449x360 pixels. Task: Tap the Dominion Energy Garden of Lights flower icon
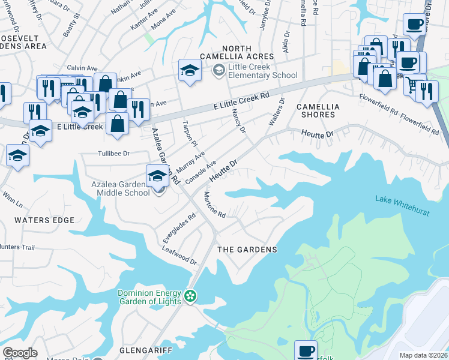pyautogui.click(x=190, y=296)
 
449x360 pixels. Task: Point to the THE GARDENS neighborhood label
pyautogui.click(x=247, y=250)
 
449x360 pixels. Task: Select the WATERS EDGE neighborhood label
pyautogui.click(x=44, y=220)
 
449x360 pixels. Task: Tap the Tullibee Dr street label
pyautogui.click(x=114, y=154)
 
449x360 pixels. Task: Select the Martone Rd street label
pyautogui.click(x=214, y=205)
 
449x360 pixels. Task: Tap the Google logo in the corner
pyautogui.click(x=20, y=352)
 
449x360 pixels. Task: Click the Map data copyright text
pyautogui.click(x=423, y=355)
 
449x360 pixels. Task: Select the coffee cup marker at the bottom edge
pyautogui.click(x=306, y=350)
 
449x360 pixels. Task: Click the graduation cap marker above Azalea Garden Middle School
pyautogui.click(x=157, y=175)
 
